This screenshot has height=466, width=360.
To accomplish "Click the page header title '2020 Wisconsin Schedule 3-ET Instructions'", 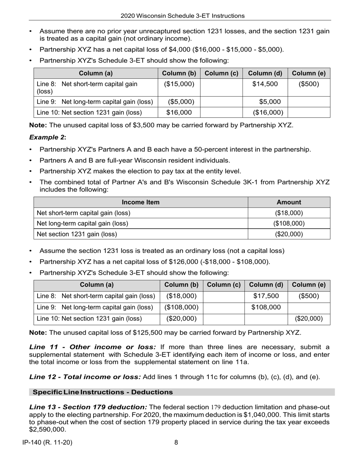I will click(x=182, y=16).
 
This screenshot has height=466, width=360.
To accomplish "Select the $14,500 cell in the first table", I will click(x=265, y=84).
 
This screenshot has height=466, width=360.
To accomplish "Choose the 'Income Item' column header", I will click(x=141, y=202).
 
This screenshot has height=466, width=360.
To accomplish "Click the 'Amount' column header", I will click(x=289, y=202).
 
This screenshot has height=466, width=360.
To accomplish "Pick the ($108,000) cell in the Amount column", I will click(x=289, y=224).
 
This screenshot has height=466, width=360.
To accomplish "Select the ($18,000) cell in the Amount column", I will click(x=289, y=213).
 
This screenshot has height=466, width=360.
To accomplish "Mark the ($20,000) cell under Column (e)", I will click(x=309, y=319).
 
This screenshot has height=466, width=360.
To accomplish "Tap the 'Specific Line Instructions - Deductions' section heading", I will click(x=103, y=392).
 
